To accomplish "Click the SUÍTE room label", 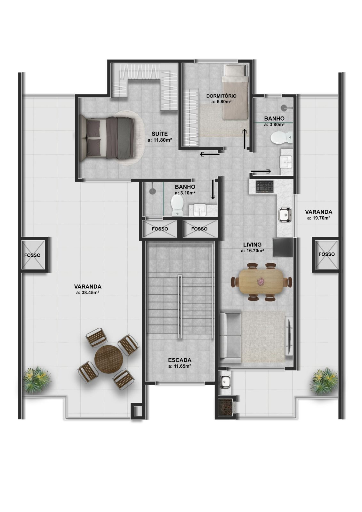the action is pyautogui.click(x=160, y=134).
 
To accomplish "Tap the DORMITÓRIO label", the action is pyautogui.click(x=221, y=96).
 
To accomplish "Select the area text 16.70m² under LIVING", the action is pyautogui.click(x=253, y=251).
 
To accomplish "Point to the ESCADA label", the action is pyautogui.click(x=180, y=360).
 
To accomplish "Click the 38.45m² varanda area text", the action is pyautogui.click(x=88, y=292).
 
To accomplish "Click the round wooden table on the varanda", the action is pyautogui.click(x=109, y=359).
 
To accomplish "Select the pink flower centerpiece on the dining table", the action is pyautogui.click(x=261, y=282).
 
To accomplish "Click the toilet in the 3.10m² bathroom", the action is pyautogui.click(x=177, y=205).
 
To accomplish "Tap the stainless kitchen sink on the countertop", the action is pyautogui.click(x=285, y=215).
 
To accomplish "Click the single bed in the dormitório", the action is pyautogui.click(x=235, y=92).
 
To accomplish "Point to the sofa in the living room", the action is pyautogui.click(x=230, y=338).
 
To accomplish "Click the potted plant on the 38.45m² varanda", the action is pyautogui.click(x=37, y=380).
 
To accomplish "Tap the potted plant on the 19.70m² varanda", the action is pyautogui.click(x=324, y=381).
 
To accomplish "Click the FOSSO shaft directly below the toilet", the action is pyautogui.click(x=160, y=229).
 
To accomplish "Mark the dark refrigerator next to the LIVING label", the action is pyautogui.click(x=283, y=247).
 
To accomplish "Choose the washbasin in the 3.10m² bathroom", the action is pyautogui.click(x=200, y=210).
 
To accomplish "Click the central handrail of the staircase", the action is pyautogui.click(x=180, y=308).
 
